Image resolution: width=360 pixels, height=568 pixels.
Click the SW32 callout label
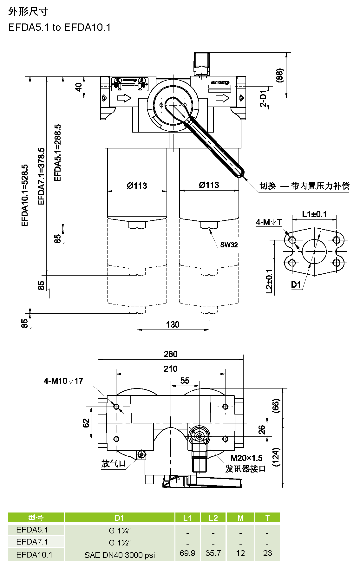point(229,245)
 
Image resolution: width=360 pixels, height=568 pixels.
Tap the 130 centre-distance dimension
point(173,324)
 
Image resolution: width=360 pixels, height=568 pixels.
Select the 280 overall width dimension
point(171,354)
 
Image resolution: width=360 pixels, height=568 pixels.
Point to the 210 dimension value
point(171,369)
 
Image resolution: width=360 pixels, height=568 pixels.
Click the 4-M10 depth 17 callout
point(63,381)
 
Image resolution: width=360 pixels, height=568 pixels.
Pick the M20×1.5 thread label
point(246,458)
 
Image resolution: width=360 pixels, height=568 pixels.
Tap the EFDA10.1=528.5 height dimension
point(25,195)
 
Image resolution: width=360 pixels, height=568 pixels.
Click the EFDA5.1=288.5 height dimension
point(57,153)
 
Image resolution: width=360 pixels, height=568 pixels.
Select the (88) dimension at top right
point(279,75)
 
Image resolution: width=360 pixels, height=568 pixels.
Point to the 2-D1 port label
point(263,98)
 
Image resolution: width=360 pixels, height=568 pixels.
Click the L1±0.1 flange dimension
point(314,214)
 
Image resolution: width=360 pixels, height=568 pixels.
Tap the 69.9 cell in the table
point(187,553)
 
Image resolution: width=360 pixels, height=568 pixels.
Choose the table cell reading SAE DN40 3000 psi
point(120,555)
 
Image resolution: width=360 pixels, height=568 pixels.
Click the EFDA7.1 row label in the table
point(32,542)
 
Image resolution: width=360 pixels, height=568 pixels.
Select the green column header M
point(240,518)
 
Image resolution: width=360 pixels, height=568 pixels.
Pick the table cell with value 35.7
point(213,553)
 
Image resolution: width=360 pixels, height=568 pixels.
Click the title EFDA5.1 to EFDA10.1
point(59,28)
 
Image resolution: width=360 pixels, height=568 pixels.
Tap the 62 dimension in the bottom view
point(86,423)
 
